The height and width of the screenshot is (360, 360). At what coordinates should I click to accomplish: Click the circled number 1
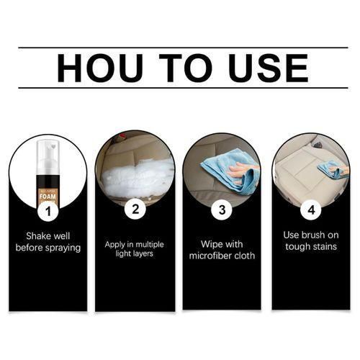coord(48,211)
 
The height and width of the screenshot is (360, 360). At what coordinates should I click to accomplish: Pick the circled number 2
coord(135,210)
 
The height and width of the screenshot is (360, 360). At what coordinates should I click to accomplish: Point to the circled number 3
coord(222,210)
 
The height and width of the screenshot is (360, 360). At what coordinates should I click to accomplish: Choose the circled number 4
coord(310,210)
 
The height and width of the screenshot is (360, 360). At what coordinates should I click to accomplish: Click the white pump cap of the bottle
coord(48,156)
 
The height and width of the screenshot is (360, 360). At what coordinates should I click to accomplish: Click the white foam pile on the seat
coord(137,176)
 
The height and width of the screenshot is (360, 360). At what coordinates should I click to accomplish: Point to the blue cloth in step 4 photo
coord(331,170)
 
